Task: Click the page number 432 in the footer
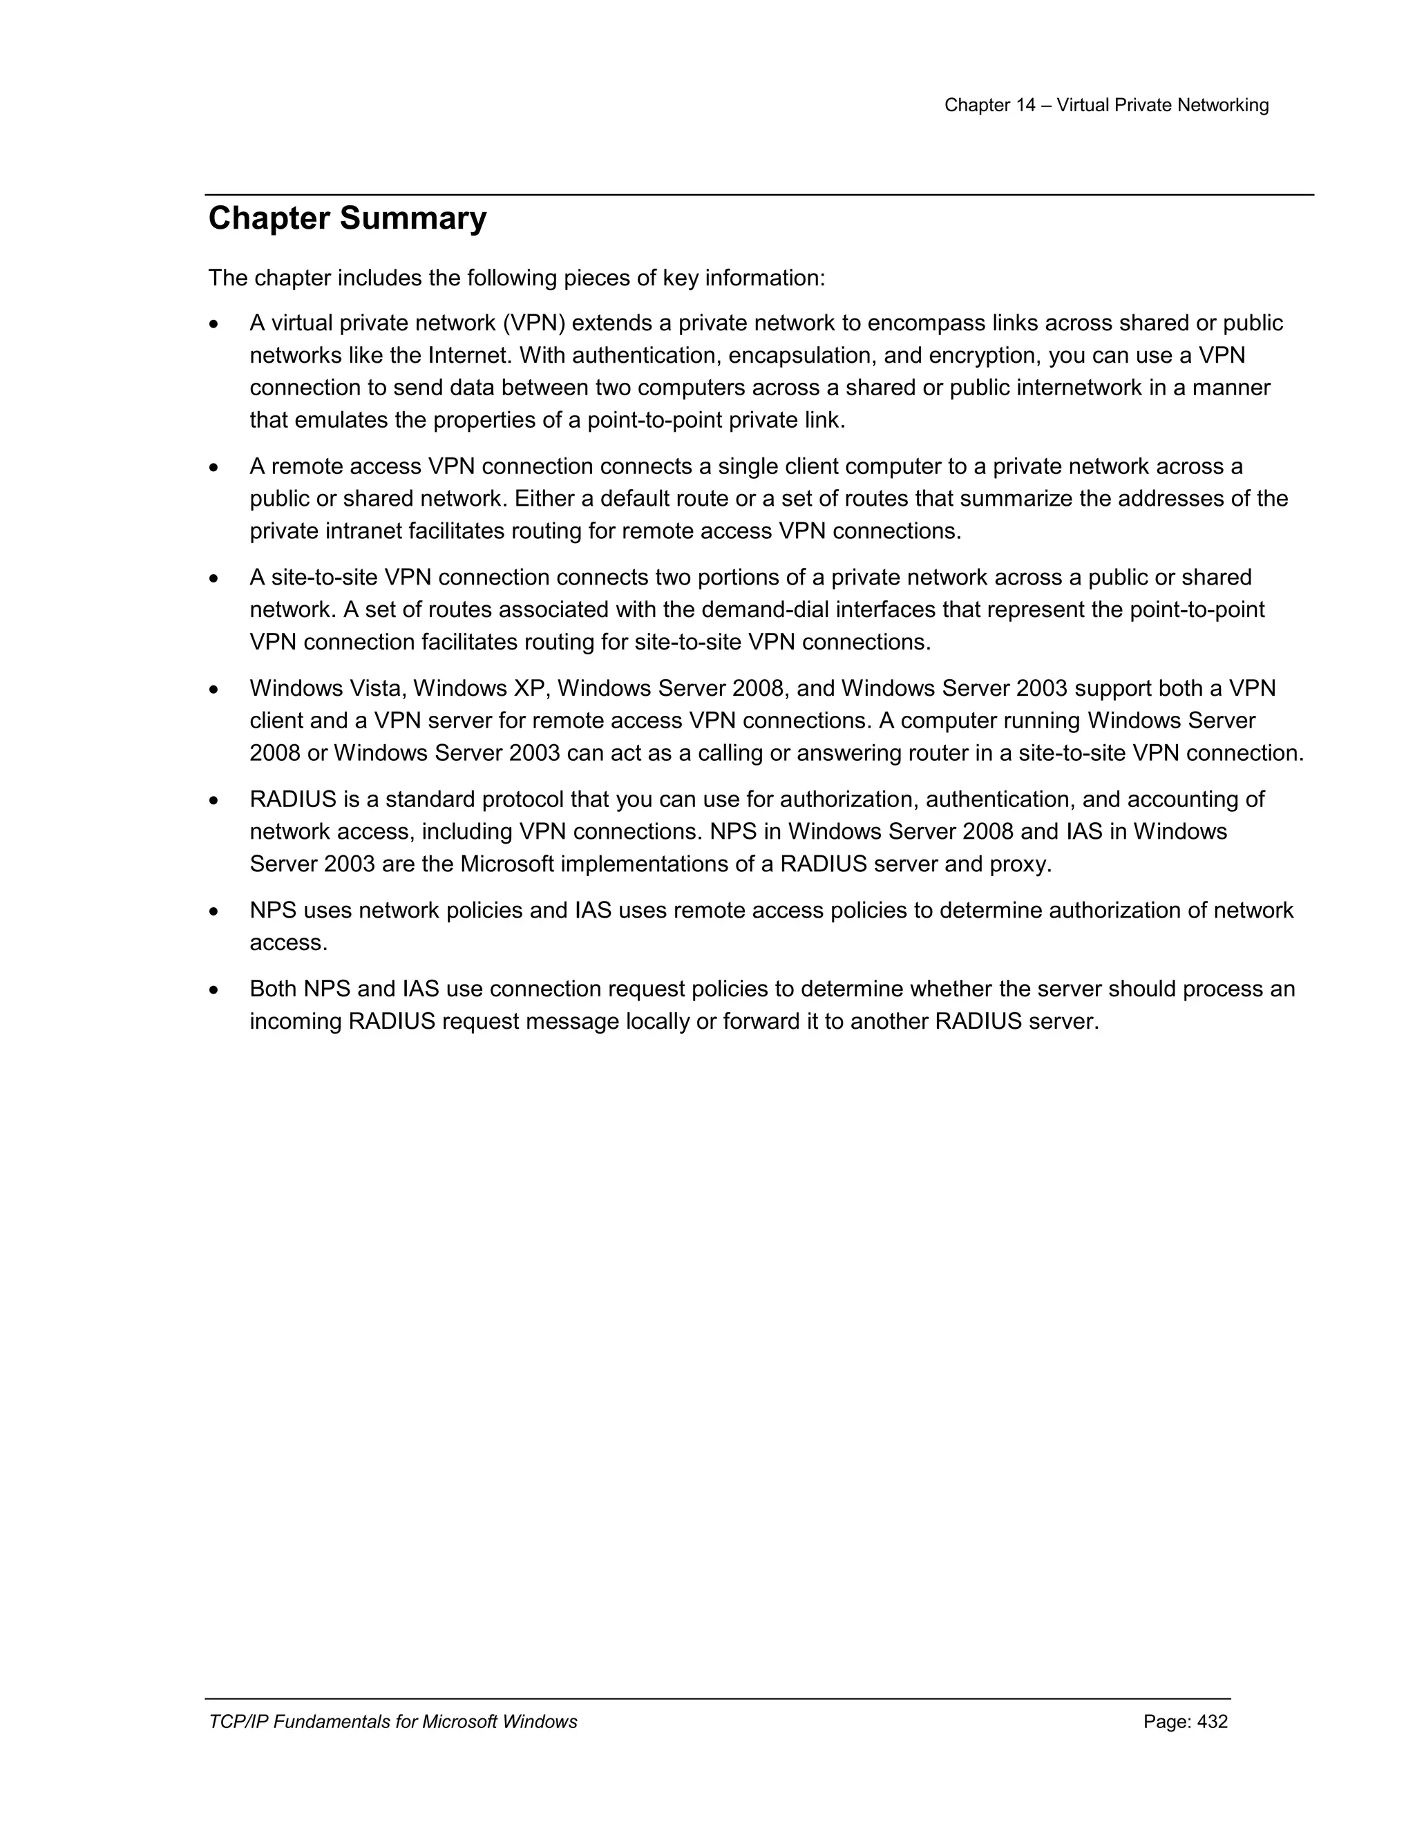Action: (x=1212, y=1721)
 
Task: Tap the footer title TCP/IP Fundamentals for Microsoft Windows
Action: (x=392, y=1721)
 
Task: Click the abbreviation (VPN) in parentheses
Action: (x=533, y=323)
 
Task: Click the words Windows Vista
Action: (x=327, y=688)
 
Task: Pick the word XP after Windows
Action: (x=530, y=688)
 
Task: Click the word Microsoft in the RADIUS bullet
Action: (x=506, y=864)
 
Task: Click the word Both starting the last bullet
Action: (x=274, y=989)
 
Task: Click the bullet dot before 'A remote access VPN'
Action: (x=215, y=468)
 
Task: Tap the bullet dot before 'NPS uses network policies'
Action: (x=215, y=912)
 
